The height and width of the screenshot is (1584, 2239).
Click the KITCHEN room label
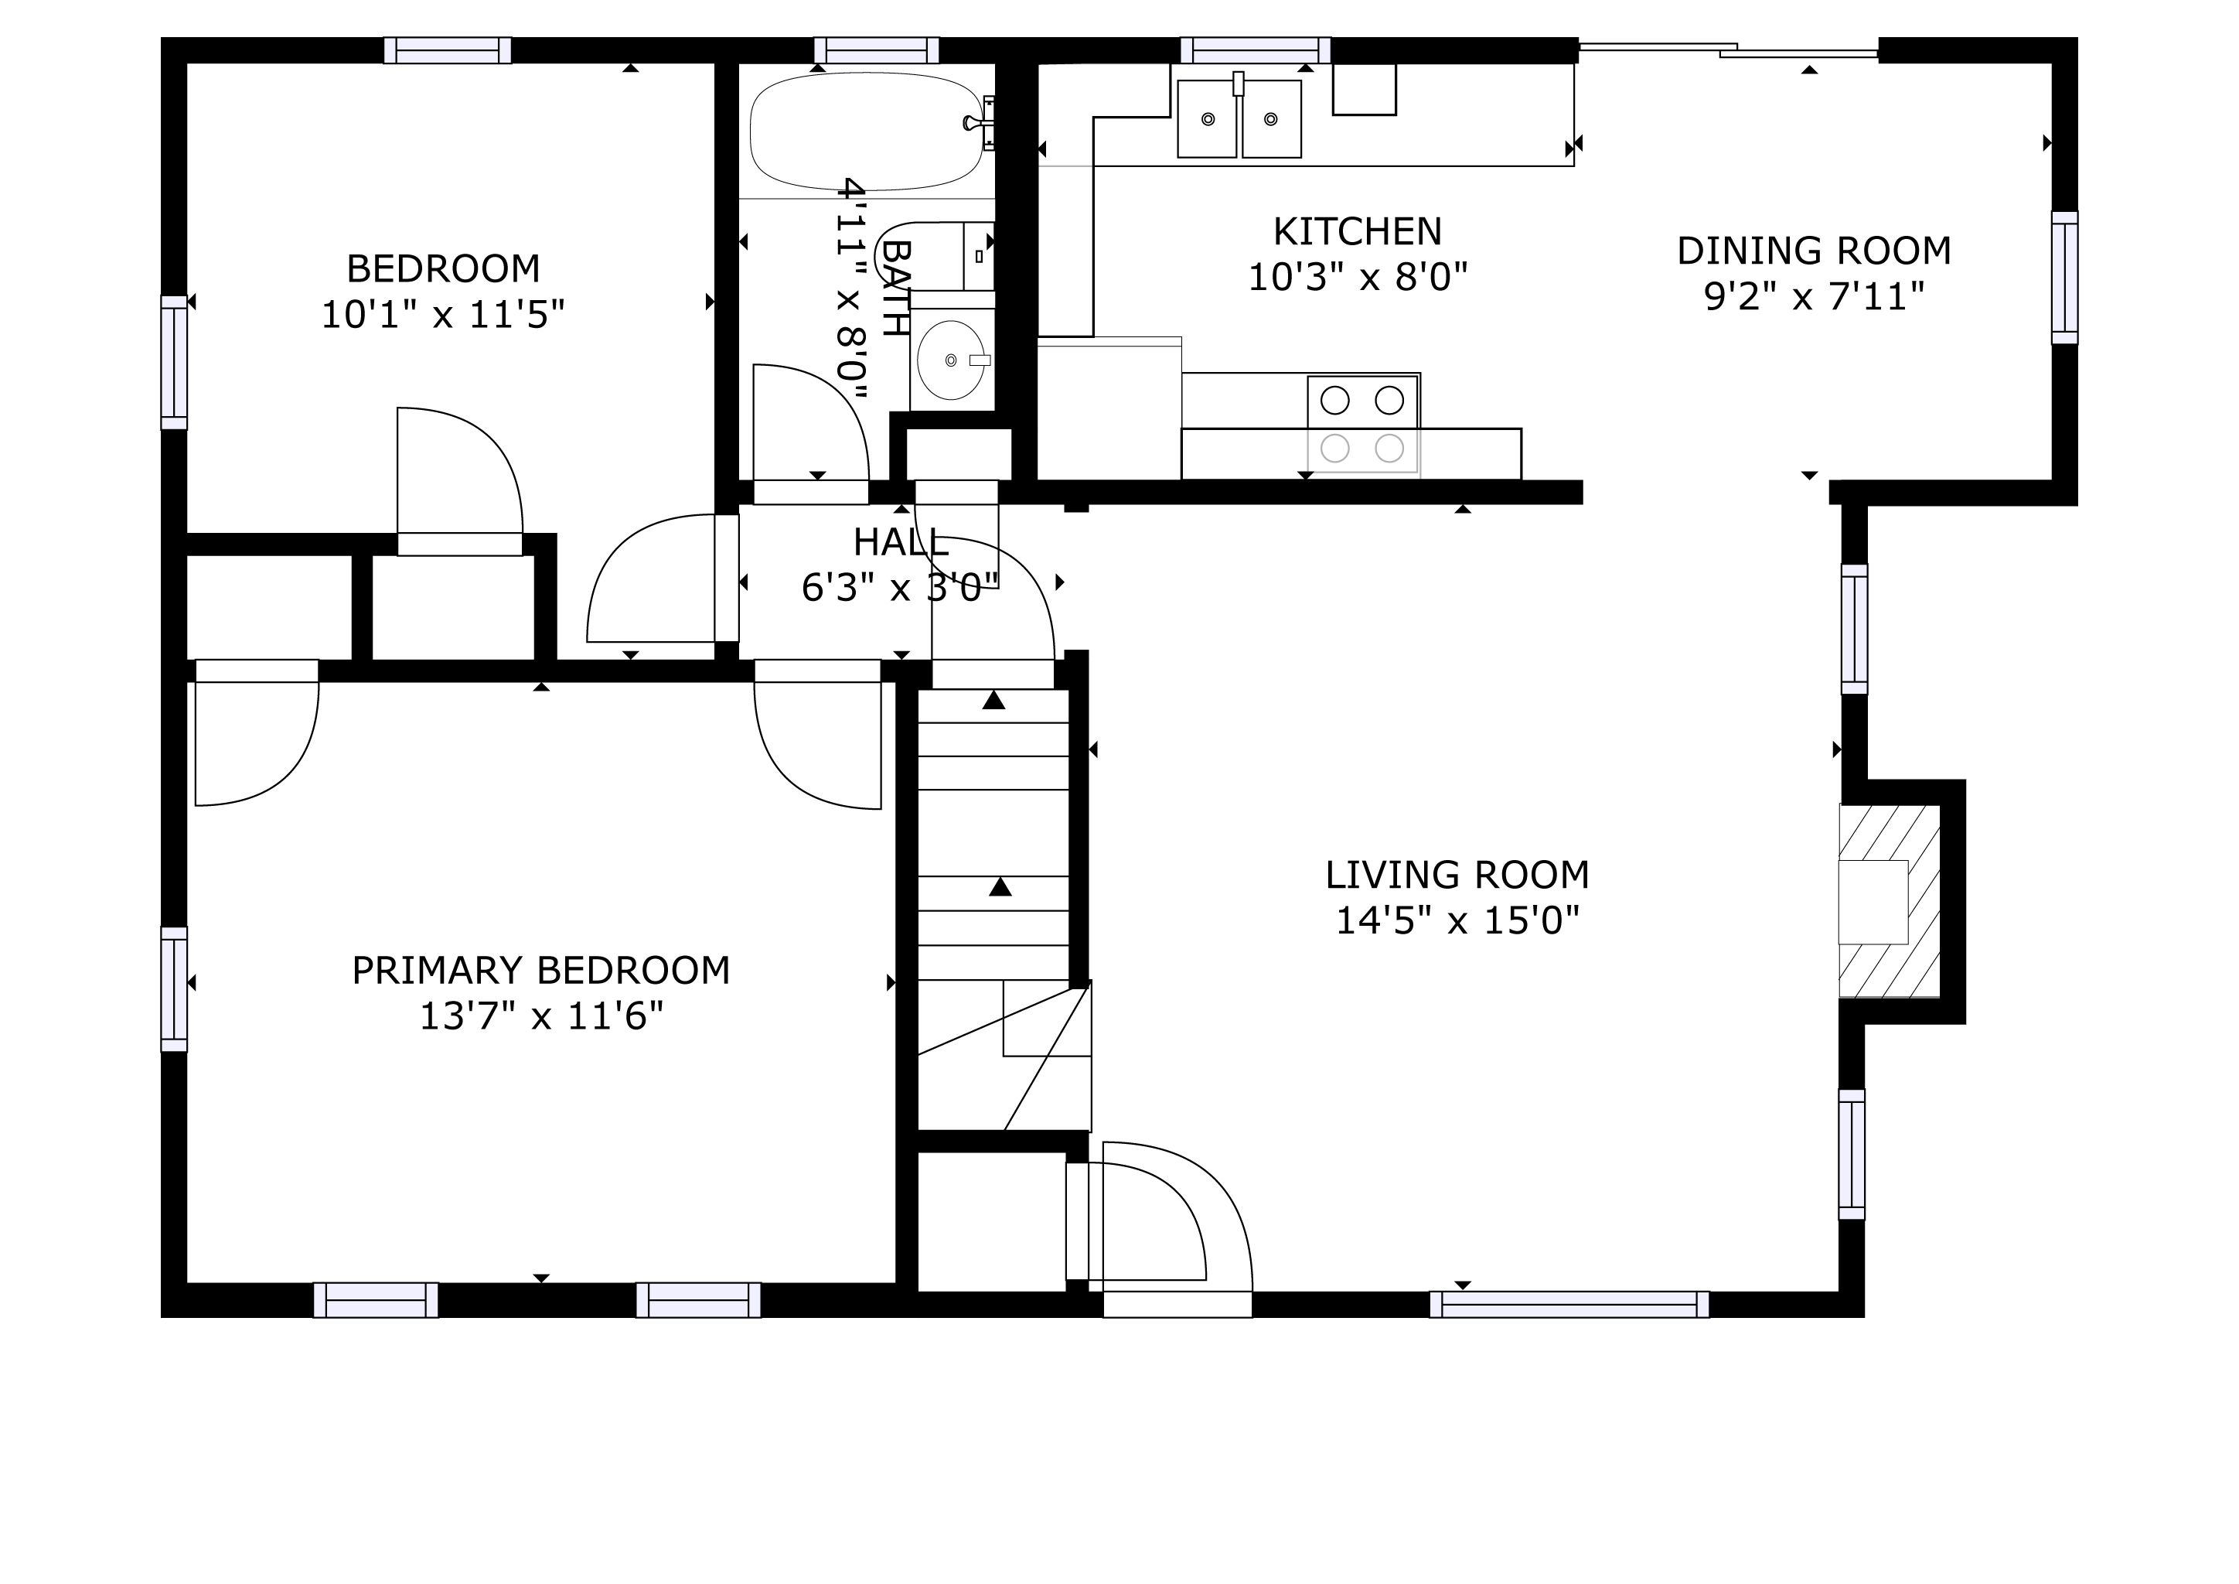coord(1357,232)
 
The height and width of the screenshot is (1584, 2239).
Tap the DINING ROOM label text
coord(1814,251)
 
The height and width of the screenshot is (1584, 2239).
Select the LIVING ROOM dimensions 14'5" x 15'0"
coord(1457,920)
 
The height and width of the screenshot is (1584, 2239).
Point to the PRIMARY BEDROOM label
coord(541,971)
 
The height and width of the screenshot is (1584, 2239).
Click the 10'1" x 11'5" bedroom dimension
coord(443,314)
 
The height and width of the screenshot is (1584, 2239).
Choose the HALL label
coord(901,542)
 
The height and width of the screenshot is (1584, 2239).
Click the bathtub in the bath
coord(867,131)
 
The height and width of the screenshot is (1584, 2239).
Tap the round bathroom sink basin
coord(951,360)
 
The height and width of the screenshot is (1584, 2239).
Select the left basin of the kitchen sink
coord(1208,119)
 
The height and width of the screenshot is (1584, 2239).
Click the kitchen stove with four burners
coord(1362,425)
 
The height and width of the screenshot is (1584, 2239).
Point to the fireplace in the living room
coord(1889,901)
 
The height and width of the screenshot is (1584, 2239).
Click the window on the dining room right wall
coord(2064,278)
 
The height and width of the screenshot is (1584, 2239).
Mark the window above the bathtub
coord(877,49)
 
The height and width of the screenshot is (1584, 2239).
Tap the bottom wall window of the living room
coord(1569,1304)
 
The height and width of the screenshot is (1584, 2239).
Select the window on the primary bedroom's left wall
coord(174,989)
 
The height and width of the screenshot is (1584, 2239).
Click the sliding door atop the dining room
coord(1728,49)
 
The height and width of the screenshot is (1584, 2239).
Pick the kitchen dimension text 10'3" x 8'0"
coord(1358,278)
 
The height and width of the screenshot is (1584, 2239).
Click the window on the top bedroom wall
coord(448,49)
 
